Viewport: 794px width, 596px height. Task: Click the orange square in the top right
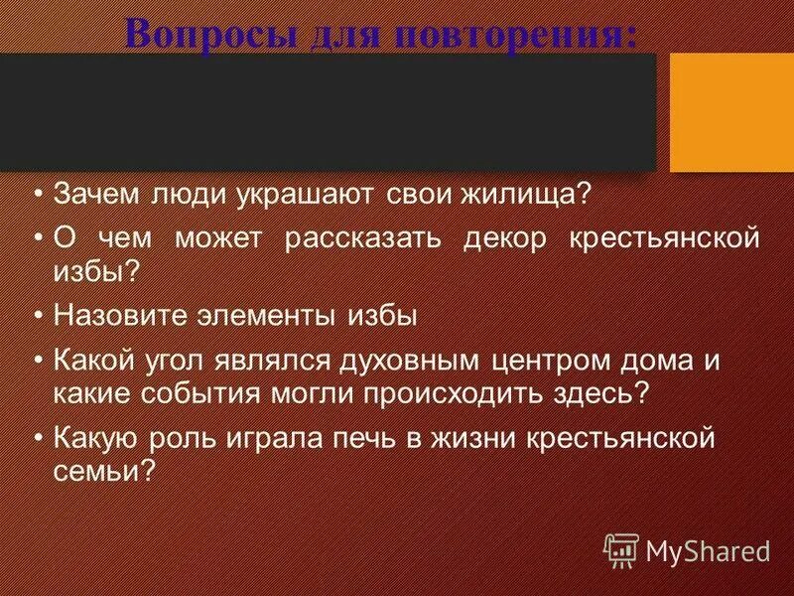(731, 112)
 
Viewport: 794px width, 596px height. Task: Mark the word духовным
(402, 362)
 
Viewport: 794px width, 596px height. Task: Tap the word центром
(546, 362)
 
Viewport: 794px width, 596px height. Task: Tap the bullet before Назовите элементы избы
(38, 316)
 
